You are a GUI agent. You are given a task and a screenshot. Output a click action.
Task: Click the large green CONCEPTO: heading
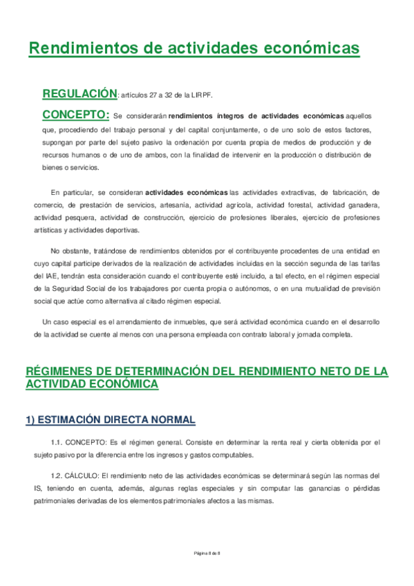76,114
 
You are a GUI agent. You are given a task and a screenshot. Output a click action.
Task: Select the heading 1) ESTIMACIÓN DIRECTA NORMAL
111,419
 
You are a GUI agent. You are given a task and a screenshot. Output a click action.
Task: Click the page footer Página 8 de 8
206,554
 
